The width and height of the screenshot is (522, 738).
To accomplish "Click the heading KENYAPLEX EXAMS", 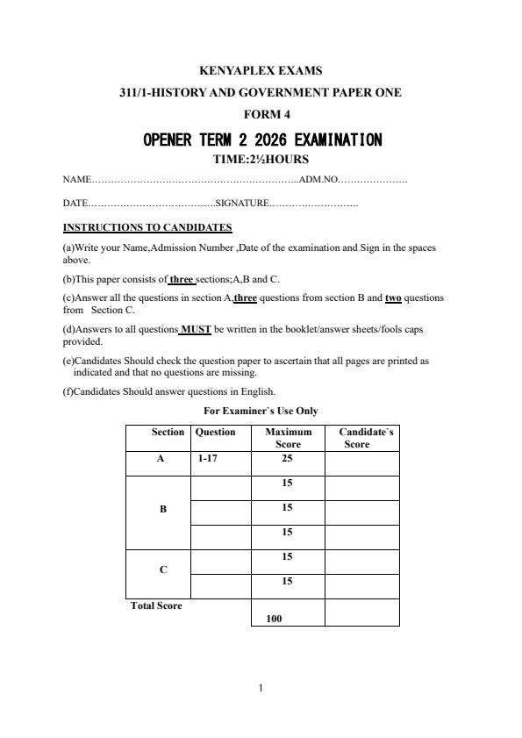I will pos(261,70).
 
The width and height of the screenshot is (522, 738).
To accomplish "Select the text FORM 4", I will pos(261,114).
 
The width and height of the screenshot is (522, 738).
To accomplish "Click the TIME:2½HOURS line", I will pos(261,160).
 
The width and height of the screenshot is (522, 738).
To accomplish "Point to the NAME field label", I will pos(76,180).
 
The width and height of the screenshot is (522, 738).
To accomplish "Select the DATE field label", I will pos(74,204).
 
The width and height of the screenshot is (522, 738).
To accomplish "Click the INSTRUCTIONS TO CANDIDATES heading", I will pos(147,227).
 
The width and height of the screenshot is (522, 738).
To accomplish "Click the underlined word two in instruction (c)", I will pos(393,298).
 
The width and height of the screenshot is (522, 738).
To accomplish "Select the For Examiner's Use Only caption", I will pos(261,411).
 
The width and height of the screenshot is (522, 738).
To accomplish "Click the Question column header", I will pos(216,432).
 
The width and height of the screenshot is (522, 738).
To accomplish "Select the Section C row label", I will pos(162,570).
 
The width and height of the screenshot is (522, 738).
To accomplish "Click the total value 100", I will pos(274,619).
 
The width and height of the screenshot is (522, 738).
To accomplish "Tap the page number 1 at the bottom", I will pos(261,688).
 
